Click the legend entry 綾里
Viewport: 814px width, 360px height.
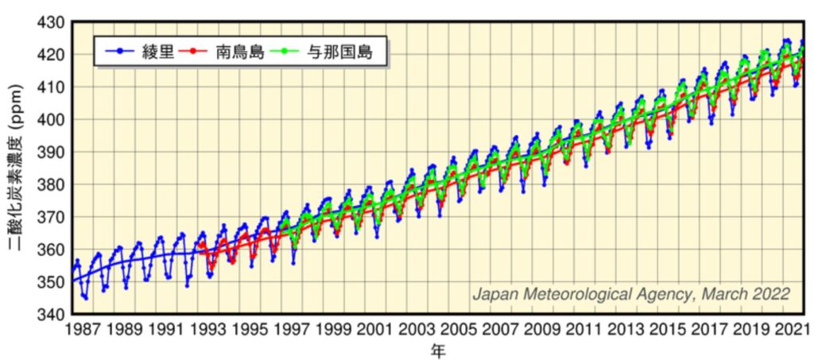point(156,53)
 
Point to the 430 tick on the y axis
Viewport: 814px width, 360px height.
point(51,21)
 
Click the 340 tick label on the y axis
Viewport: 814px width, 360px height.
point(51,314)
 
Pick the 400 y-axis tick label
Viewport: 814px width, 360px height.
point(51,119)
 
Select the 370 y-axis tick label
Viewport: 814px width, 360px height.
point(51,217)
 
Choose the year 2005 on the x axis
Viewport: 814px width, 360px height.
point(455,328)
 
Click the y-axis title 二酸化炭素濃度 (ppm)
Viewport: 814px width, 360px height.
point(16,167)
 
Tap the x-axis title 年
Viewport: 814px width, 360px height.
point(438,350)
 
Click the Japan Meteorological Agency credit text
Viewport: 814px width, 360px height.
point(631,294)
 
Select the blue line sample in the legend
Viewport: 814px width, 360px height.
point(119,53)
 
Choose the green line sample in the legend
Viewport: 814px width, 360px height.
point(283,53)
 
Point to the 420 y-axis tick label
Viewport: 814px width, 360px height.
point(51,54)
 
